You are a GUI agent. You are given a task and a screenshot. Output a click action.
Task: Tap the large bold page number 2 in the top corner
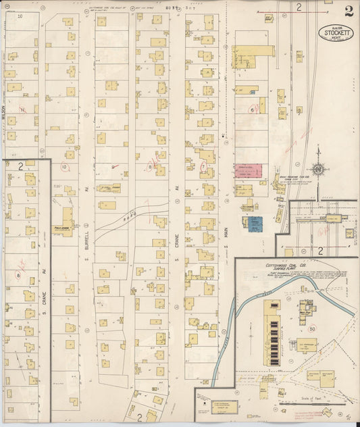tap(348, 11)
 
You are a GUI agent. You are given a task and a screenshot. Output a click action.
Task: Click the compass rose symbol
tap(317, 170)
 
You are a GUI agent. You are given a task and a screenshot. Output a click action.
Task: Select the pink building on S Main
tap(244, 170)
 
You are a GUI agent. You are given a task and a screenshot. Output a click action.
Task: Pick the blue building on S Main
tap(255, 224)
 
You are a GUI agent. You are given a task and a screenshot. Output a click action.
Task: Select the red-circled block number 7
tap(202, 166)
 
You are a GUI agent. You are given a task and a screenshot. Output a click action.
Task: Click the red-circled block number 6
tap(252, 109)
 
